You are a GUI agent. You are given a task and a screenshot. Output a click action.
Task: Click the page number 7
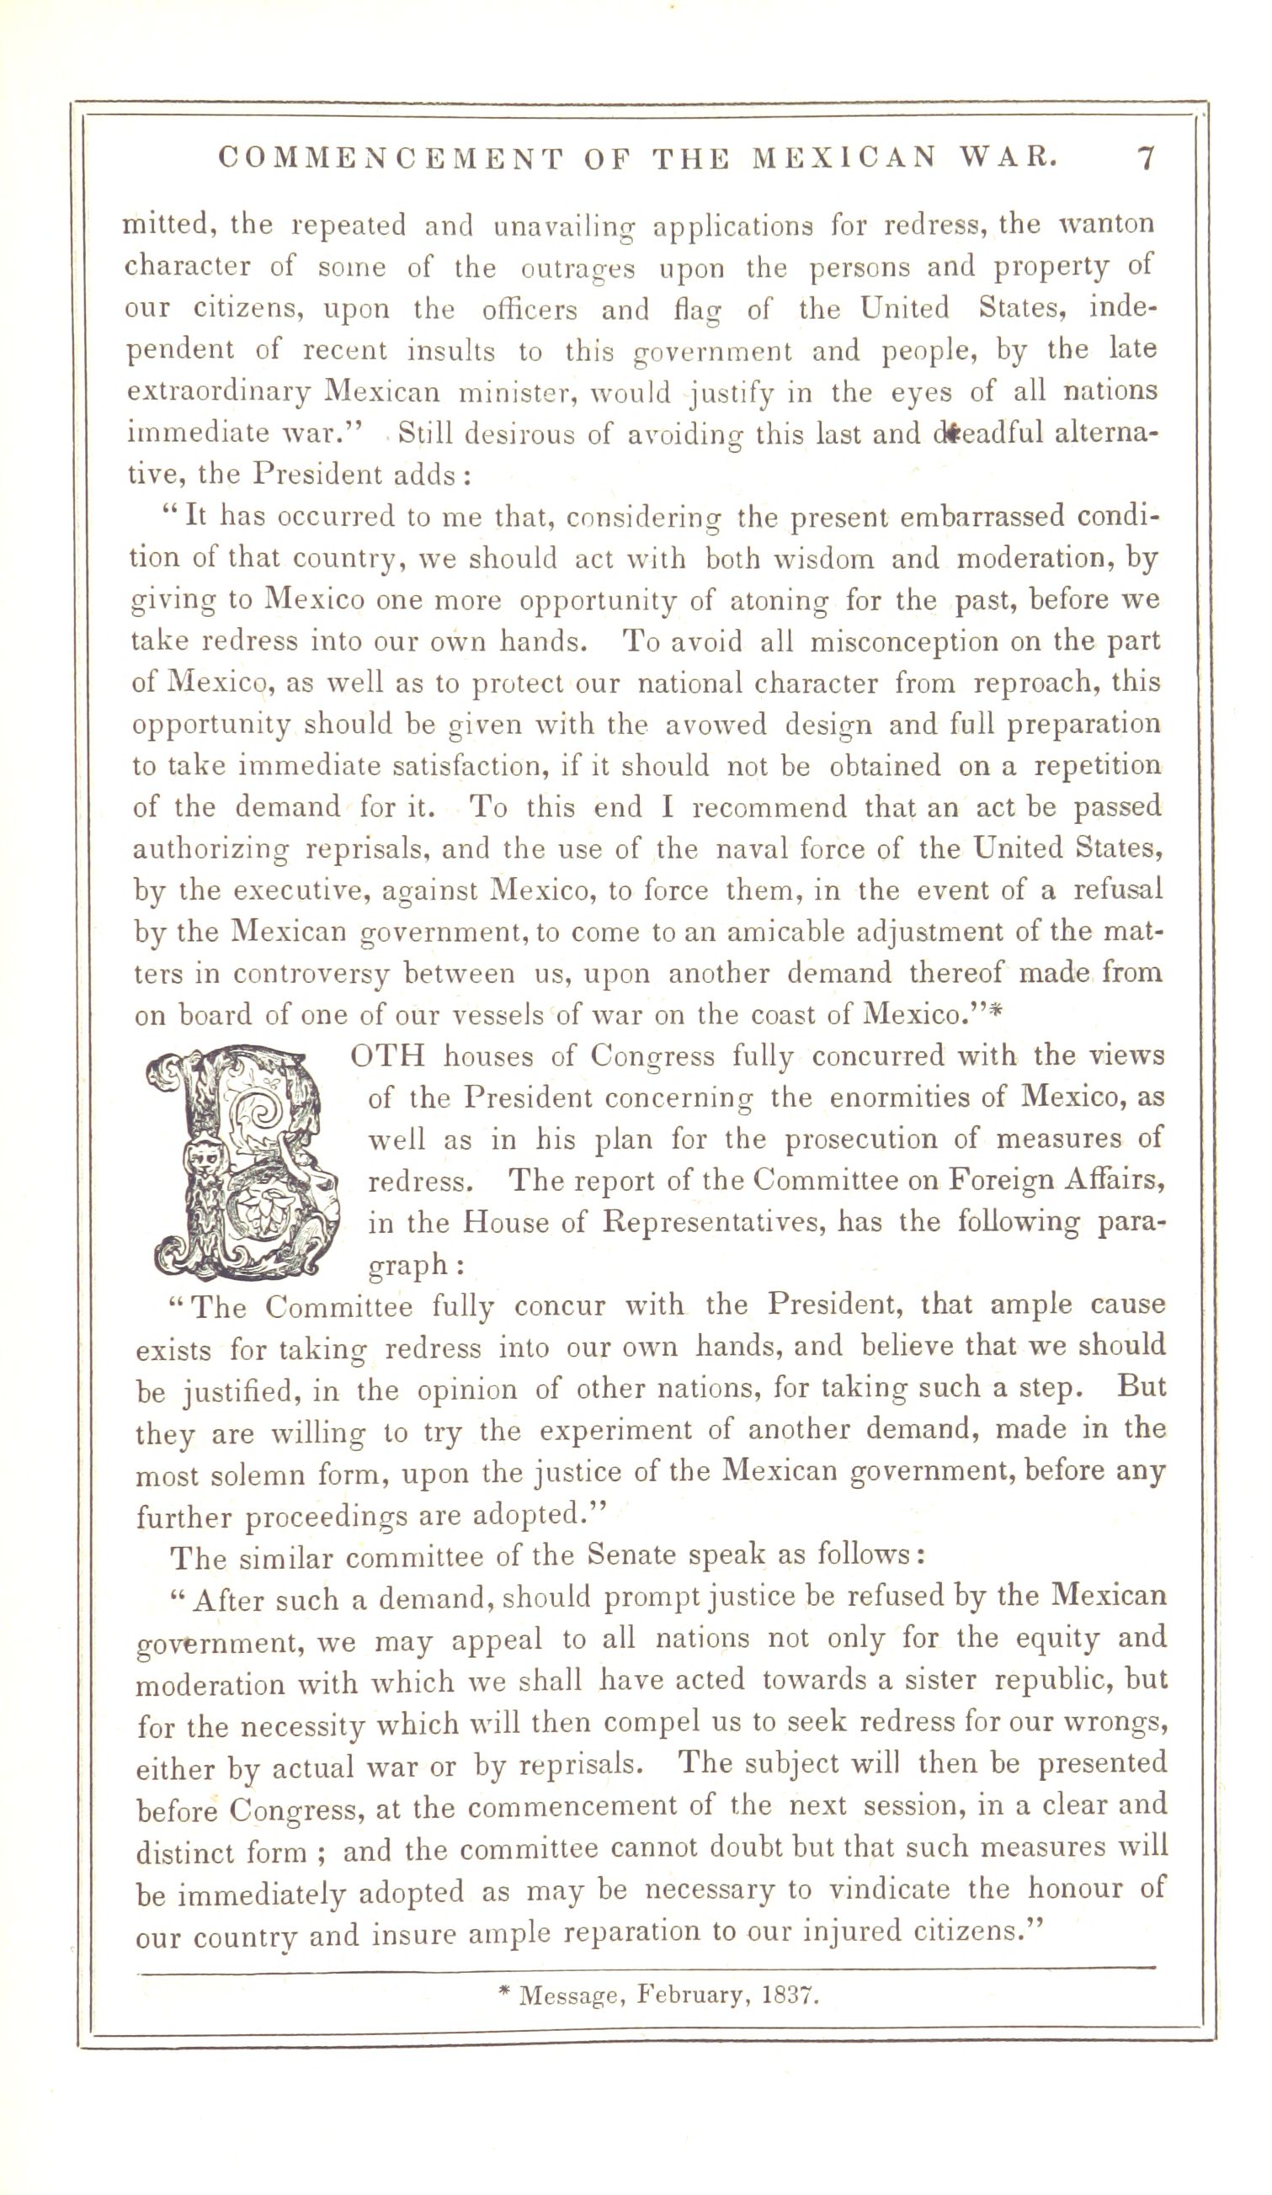[1146, 157]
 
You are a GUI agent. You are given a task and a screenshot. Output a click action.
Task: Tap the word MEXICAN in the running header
[845, 157]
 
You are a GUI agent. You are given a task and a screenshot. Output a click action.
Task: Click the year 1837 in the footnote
[790, 1995]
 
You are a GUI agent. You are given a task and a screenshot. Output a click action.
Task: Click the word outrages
[577, 268]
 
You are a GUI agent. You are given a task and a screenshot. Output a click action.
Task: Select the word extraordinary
[219, 392]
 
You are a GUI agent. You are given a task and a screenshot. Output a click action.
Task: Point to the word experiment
[635, 1430]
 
